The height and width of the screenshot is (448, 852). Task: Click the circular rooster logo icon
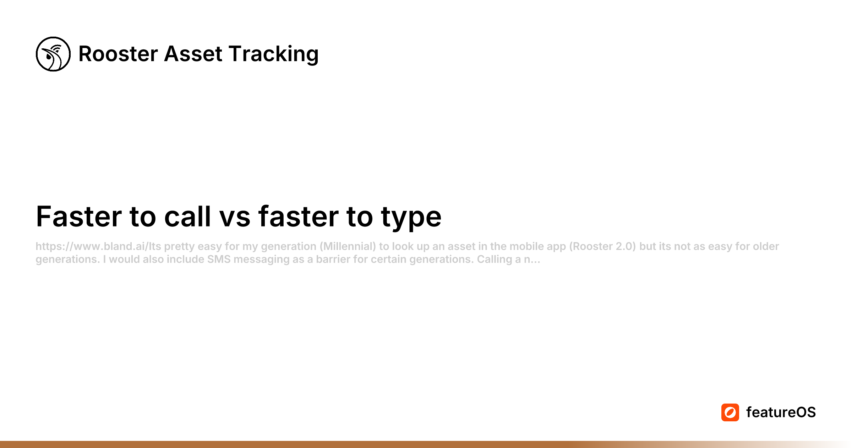[x=53, y=54]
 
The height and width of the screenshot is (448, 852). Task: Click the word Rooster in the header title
[x=118, y=54]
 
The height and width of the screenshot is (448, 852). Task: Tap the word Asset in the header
[x=193, y=54]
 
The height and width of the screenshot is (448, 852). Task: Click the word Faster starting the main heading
[x=79, y=217]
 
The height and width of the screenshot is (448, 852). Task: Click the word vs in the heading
[x=235, y=217]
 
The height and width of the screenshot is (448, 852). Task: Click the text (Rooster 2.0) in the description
[x=602, y=246]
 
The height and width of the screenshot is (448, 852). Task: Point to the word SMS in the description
[x=219, y=259]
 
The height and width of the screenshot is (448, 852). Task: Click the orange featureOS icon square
[x=730, y=412]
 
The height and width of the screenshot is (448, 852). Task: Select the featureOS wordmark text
[x=781, y=412]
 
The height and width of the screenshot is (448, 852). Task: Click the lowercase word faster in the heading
[x=298, y=217]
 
